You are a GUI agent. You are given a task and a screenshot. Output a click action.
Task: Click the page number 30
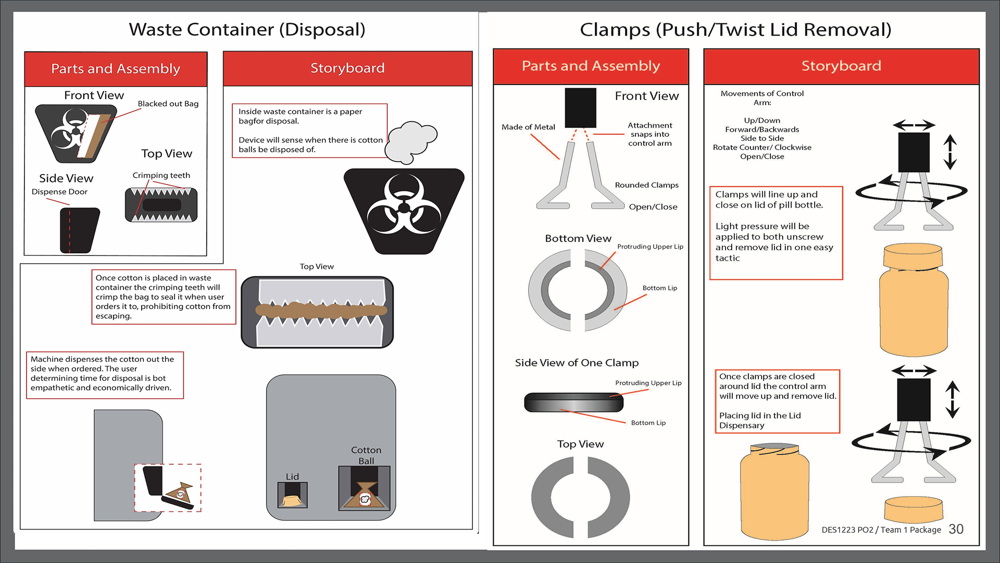(x=956, y=529)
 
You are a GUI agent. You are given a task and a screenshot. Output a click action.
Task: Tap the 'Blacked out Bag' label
(x=168, y=104)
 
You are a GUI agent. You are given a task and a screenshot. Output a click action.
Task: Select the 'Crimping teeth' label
(x=161, y=175)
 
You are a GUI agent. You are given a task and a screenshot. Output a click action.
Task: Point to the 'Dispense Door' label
(x=59, y=192)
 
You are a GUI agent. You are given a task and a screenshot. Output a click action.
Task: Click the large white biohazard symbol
(x=404, y=204)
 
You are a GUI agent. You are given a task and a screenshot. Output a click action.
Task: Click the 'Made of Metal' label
(x=528, y=127)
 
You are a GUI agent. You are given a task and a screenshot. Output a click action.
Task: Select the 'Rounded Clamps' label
(x=646, y=185)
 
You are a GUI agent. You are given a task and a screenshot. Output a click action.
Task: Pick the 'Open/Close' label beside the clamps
(x=653, y=207)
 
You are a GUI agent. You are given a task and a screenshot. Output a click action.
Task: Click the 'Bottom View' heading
(x=578, y=239)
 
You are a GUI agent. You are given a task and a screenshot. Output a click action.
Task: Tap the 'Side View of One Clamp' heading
(x=577, y=363)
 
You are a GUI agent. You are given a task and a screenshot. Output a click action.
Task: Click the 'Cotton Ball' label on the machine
(x=366, y=455)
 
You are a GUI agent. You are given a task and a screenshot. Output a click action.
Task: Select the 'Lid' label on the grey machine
(x=292, y=476)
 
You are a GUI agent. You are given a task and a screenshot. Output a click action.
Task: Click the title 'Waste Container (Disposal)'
(x=247, y=30)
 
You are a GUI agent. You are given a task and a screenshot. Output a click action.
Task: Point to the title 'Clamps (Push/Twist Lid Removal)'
(x=735, y=30)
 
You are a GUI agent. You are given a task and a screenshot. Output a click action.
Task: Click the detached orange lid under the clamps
(x=913, y=509)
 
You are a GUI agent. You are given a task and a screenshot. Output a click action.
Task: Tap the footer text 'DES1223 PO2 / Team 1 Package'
(x=881, y=530)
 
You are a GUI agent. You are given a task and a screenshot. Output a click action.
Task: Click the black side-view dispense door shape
(x=79, y=230)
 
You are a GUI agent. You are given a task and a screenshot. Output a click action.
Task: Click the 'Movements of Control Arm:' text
(x=762, y=98)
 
